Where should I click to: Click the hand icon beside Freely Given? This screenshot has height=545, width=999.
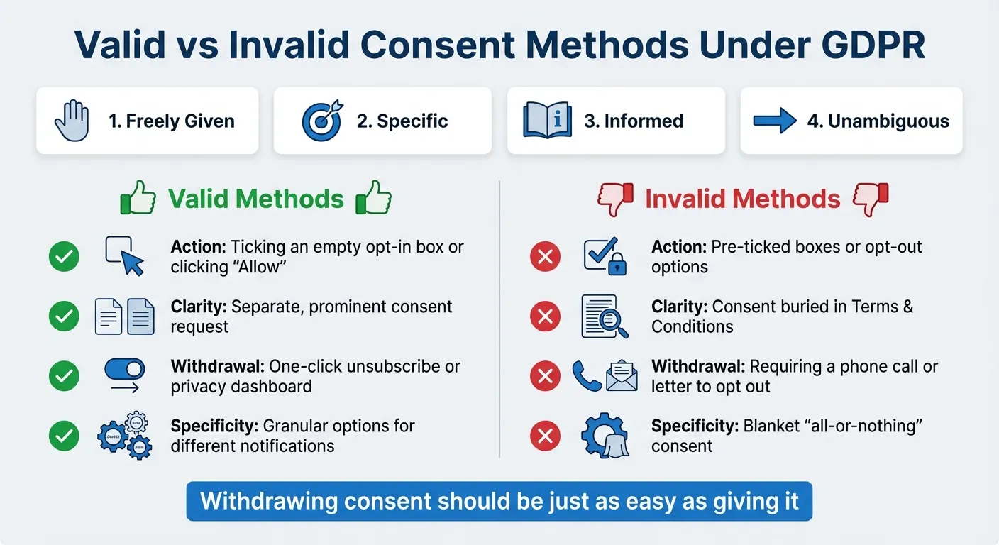(72, 121)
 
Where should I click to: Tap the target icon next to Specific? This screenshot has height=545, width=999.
(321, 121)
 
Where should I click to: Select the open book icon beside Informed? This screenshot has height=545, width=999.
(546, 121)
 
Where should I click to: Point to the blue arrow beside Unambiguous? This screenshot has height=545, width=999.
(774, 121)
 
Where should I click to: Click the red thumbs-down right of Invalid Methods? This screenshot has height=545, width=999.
(870, 199)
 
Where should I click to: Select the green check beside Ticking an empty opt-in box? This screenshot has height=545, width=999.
(64, 256)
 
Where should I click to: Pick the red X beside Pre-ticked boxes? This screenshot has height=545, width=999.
(545, 256)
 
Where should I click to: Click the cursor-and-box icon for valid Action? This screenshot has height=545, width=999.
(124, 255)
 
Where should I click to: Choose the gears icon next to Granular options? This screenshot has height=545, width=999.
(124, 435)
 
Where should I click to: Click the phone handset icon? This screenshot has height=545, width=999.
(586, 376)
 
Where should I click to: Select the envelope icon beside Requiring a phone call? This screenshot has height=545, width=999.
(622, 375)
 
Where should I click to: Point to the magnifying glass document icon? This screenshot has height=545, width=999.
(604, 316)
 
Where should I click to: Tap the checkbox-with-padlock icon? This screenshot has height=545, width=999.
(605, 256)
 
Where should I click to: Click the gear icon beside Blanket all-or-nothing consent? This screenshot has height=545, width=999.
(604, 435)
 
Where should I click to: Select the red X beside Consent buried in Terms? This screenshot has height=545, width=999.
(545, 316)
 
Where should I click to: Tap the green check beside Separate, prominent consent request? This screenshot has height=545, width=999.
(64, 316)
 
